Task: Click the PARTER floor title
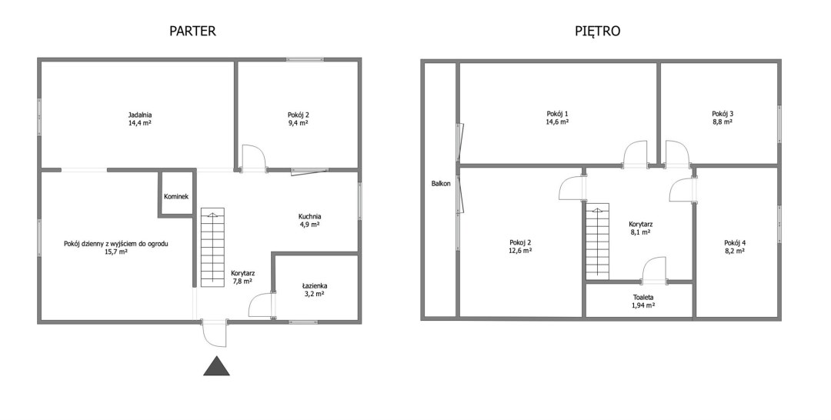(192, 31)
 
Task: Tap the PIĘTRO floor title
(597, 31)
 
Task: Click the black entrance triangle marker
(216, 365)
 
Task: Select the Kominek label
(176, 196)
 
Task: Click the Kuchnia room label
(309, 217)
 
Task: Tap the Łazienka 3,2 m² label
(314, 290)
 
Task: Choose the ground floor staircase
(212, 245)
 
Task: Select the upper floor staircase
(597, 242)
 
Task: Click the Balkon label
(441, 184)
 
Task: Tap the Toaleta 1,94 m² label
(642, 302)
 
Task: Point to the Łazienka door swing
(262, 305)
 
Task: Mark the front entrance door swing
(215, 334)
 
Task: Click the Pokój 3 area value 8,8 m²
(723, 122)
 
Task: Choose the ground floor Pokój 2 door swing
(254, 157)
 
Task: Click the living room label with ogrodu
(116, 244)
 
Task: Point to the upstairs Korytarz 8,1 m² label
(640, 228)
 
